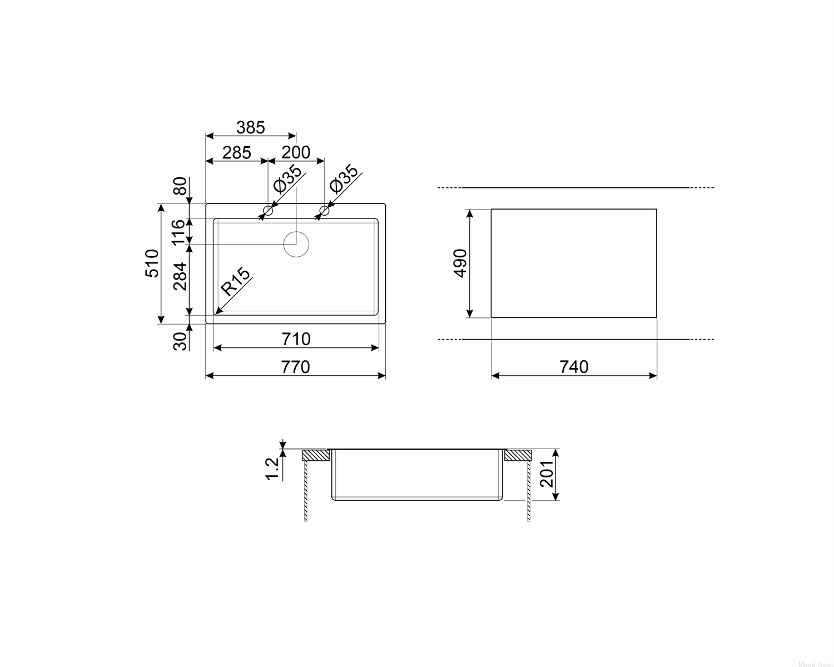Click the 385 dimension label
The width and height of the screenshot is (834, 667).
[x=250, y=127]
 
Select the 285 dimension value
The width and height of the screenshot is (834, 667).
[x=236, y=153]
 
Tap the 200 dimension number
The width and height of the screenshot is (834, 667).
[x=296, y=152]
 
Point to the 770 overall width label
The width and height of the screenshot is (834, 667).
[x=295, y=367]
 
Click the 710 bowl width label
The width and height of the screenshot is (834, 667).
[x=296, y=339]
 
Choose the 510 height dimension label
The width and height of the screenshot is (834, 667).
[x=152, y=263]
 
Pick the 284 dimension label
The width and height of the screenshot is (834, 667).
[x=180, y=276]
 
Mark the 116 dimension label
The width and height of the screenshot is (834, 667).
[x=179, y=232]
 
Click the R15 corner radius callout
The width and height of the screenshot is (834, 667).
[x=236, y=282]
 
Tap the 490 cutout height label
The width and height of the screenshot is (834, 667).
[x=460, y=263]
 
